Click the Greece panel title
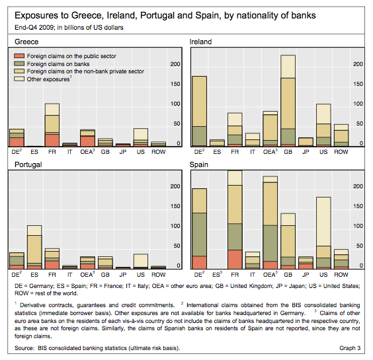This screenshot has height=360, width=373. click(26, 42)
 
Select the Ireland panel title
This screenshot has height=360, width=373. click(200, 42)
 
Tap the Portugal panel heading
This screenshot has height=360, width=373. click(28, 164)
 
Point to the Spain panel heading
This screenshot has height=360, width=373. click(198, 164)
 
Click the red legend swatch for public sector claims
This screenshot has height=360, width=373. click(19, 56)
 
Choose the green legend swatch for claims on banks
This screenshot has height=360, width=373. click(19, 63)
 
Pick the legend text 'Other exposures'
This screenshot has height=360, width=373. click(48, 79)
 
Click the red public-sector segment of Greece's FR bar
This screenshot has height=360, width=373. click(52, 141)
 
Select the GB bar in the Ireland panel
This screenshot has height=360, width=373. click(288, 101)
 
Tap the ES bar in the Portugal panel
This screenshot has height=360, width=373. click(34, 247)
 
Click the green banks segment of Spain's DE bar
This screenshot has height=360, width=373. click(199, 234)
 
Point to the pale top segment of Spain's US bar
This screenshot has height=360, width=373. click(323, 221)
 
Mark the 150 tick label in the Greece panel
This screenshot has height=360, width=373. click(175, 84)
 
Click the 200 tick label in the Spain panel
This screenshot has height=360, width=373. click(358, 186)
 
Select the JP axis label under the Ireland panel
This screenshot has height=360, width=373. click(306, 152)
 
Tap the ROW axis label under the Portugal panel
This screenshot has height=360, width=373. click(159, 275)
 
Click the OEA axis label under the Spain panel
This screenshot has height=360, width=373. click(270, 274)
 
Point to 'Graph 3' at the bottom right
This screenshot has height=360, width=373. click(350, 348)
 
